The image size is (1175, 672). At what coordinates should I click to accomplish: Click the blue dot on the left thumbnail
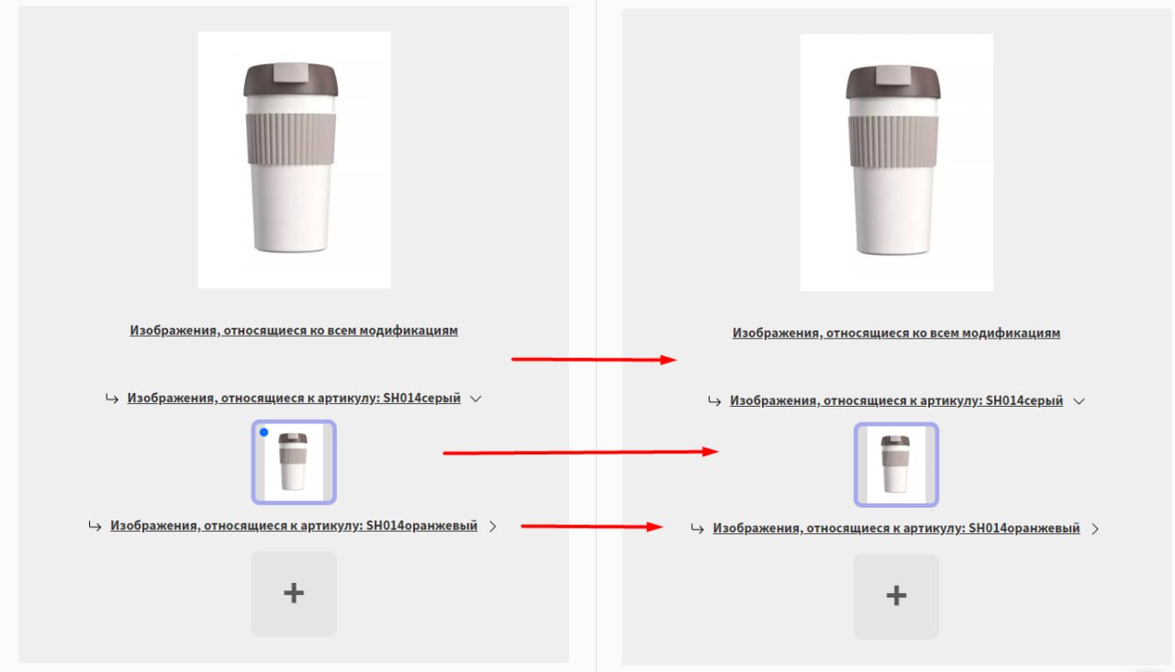[x=263, y=432]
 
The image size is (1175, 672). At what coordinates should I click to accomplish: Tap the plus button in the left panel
[x=294, y=593]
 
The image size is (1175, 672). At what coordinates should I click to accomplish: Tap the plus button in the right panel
[x=896, y=596]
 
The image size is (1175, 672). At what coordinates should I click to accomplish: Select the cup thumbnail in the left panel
[x=294, y=462]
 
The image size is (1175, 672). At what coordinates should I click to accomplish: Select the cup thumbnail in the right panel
[x=896, y=465]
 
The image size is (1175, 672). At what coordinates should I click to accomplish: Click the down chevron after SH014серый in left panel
[x=476, y=398]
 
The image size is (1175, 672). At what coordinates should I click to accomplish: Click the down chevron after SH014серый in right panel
[x=1079, y=401]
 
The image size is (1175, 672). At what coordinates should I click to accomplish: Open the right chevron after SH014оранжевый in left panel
[x=493, y=526]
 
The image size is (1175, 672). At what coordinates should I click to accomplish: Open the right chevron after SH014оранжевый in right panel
[x=1095, y=529]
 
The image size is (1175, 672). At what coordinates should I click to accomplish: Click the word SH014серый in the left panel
[x=421, y=398]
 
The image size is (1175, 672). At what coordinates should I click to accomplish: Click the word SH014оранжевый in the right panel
[x=1024, y=528]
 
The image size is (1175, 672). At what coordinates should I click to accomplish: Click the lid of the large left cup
[x=291, y=80]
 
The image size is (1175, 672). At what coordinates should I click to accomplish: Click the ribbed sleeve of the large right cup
[x=893, y=141]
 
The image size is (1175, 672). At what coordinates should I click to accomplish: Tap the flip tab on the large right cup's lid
[x=893, y=75]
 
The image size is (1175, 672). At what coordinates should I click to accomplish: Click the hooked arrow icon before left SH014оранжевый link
[x=95, y=526]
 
